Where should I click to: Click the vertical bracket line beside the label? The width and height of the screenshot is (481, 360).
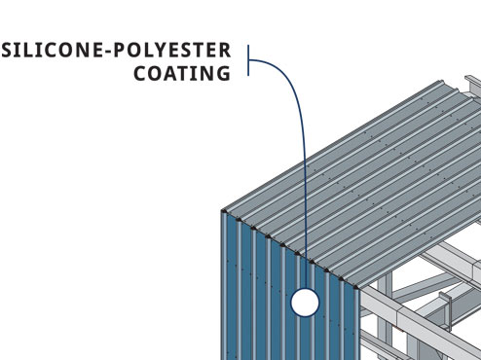coord(249,64)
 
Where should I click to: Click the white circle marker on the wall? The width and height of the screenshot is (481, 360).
coord(305,303)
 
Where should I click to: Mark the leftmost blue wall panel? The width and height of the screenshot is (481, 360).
coord(230,292)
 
